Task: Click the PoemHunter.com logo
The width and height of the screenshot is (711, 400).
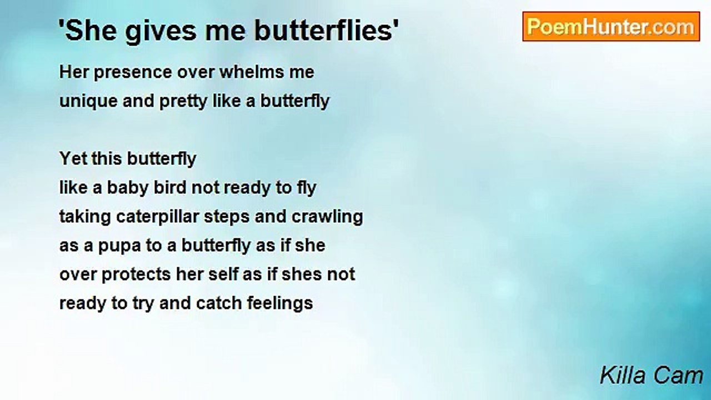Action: pos(611,27)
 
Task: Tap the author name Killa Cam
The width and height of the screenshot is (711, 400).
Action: pos(652,376)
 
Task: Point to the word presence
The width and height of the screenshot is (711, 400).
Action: pos(133,73)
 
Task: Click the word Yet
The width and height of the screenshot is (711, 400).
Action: pos(73,158)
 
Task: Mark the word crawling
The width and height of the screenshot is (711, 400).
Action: pos(327,217)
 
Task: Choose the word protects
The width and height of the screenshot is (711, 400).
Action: pos(136,275)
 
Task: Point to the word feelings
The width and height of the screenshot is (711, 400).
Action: pos(280,304)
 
